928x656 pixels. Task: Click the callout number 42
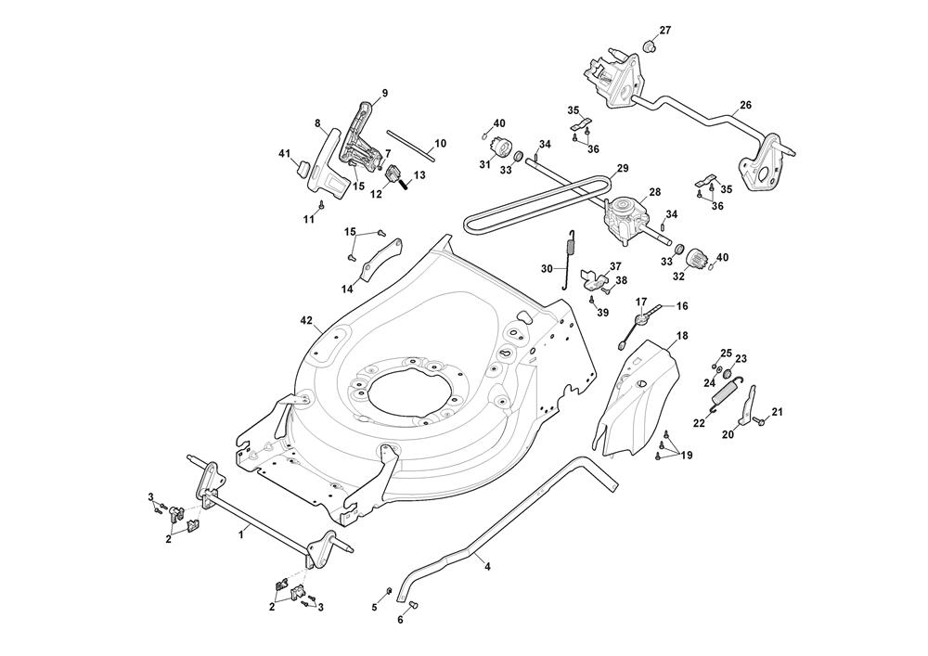tap(306, 320)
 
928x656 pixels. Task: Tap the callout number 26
tap(745, 105)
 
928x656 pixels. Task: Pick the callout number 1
tap(242, 534)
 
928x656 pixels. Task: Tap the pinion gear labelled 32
tap(699, 254)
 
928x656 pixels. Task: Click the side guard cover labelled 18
tap(638, 399)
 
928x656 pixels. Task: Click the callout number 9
tap(384, 93)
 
